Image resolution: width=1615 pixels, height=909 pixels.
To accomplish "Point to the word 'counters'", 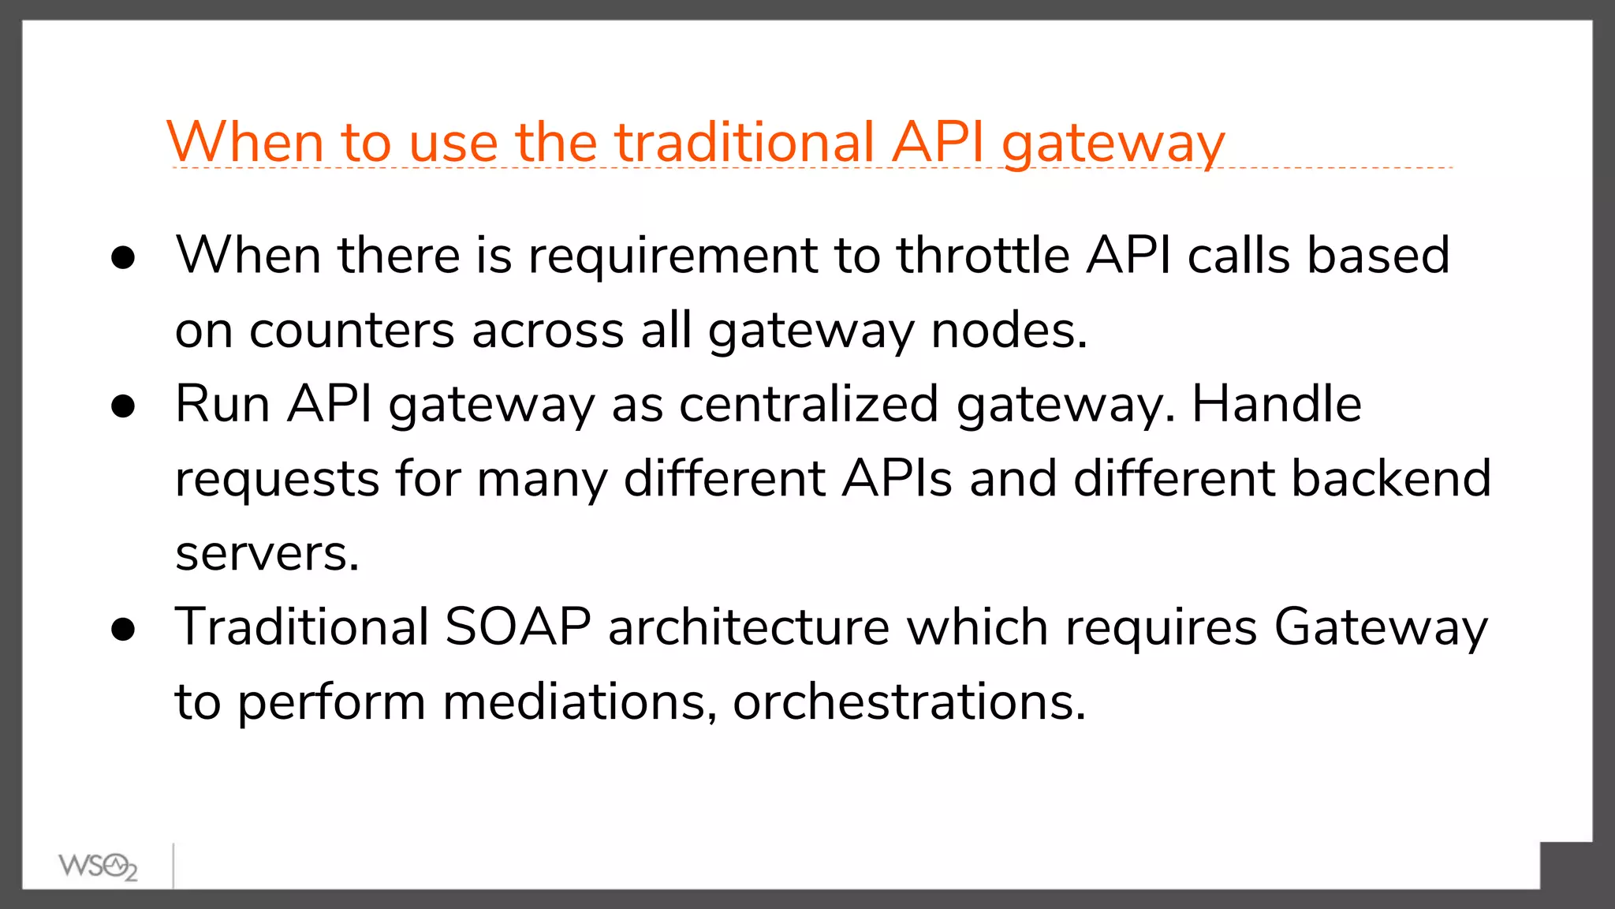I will [352, 331].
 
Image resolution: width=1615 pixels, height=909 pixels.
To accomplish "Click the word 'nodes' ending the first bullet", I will [1009, 331].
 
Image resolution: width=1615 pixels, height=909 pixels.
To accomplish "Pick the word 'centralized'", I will [808, 404].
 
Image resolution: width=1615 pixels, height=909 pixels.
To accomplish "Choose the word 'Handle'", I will [1276, 404].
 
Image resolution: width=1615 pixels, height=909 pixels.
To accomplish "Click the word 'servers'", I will [267, 553].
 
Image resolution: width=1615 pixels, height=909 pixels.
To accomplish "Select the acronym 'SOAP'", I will [517, 627].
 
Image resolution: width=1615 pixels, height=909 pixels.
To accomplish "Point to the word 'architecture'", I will [749, 627].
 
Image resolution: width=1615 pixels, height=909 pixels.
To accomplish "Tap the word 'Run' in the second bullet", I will [222, 404].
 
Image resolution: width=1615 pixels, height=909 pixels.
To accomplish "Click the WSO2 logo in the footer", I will [98, 866].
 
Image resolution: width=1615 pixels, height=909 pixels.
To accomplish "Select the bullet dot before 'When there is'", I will [123, 257].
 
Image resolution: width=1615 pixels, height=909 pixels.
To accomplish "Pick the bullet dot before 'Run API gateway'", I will [123, 406].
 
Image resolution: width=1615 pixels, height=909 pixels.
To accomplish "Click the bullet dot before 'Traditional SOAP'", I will [123, 629].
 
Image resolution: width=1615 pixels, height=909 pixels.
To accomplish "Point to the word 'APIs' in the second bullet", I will [897, 478].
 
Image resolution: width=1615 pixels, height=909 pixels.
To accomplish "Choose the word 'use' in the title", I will [453, 144].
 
